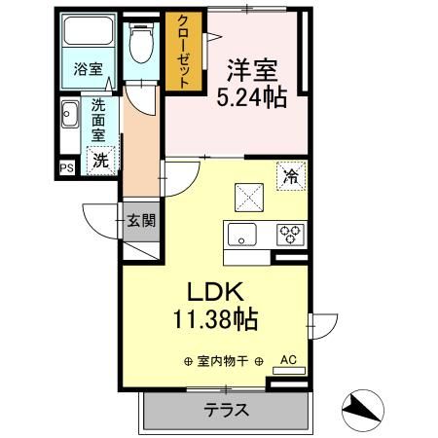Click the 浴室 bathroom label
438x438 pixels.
[x=88, y=70]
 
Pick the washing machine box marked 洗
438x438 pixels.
[x=100, y=162]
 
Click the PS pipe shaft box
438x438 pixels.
[x=66, y=167]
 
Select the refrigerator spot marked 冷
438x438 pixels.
[x=290, y=175]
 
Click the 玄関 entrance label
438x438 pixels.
[x=140, y=220]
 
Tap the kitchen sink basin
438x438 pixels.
[x=241, y=234]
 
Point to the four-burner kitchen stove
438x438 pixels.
[x=289, y=234]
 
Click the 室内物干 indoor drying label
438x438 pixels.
[x=225, y=361]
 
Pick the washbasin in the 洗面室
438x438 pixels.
[x=71, y=119]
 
